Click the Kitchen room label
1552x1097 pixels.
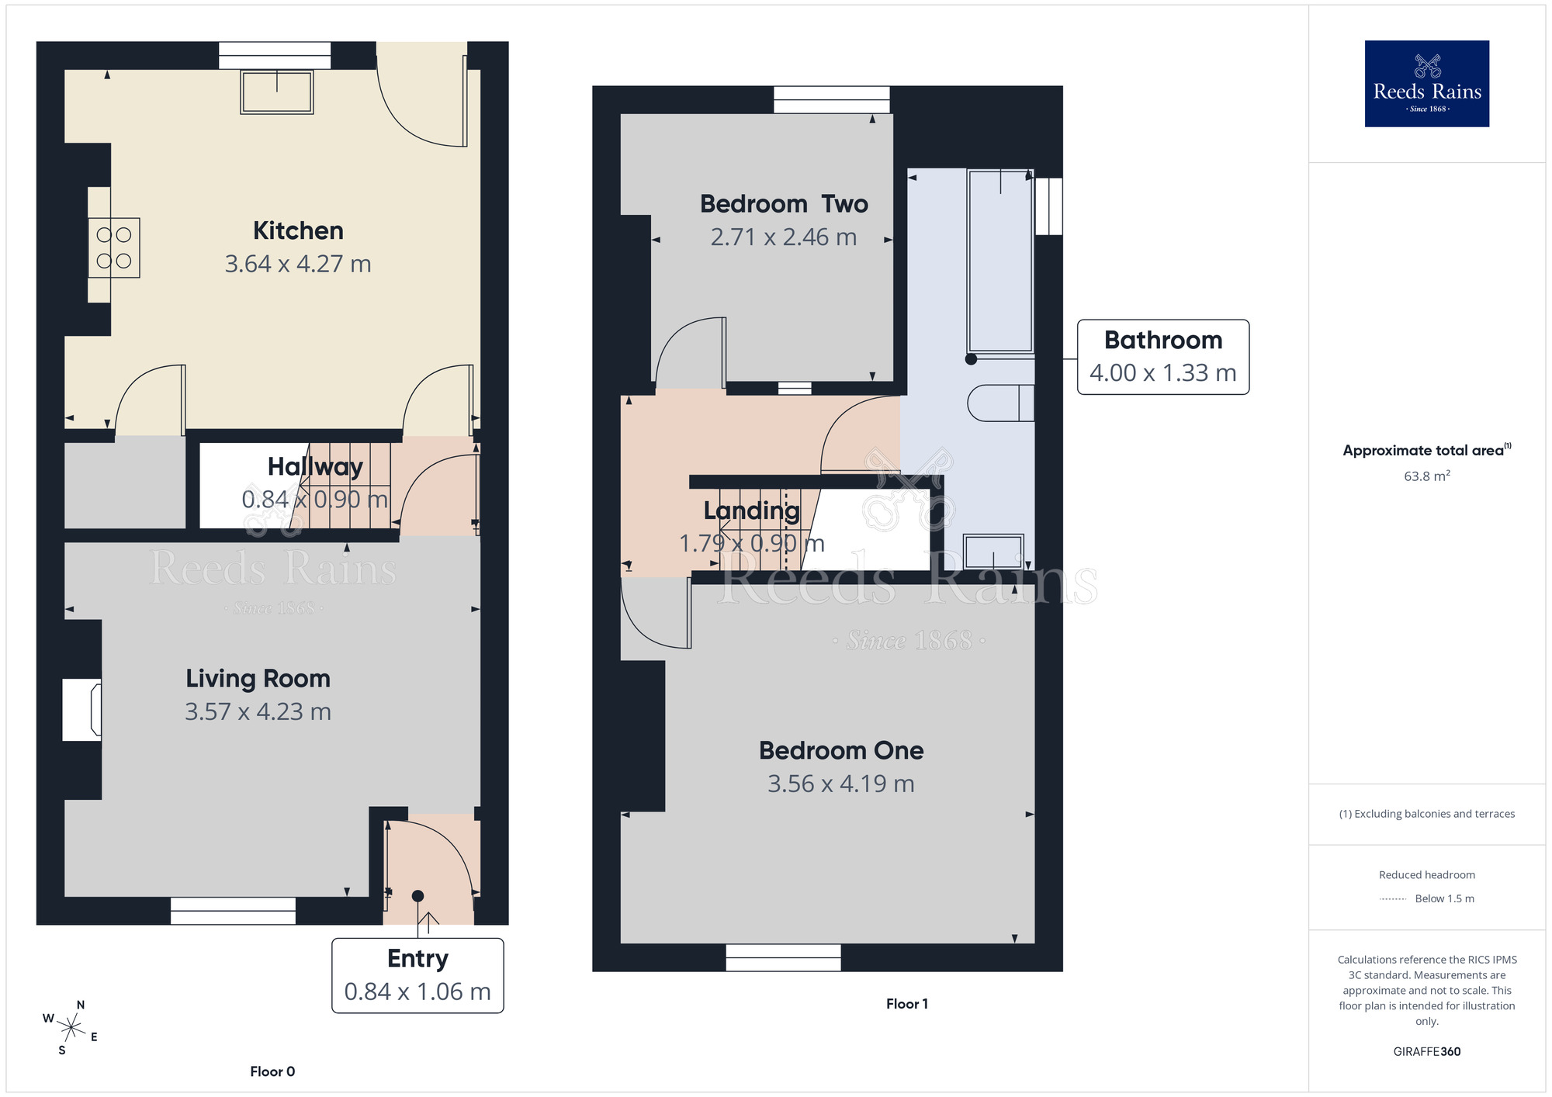click(x=298, y=230)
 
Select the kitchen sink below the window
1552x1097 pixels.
click(x=276, y=92)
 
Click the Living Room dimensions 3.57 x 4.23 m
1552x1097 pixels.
click(x=258, y=711)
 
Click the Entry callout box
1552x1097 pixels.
click(x=417, y=975)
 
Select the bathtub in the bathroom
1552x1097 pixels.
click(x=1000, y=261)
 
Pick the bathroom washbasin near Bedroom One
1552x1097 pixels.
click(x=993, y=552)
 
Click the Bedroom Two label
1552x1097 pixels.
click(x=784, y=204)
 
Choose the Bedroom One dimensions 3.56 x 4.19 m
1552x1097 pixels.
click(x=840, y=784)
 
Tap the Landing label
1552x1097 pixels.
click(x=751, y=510)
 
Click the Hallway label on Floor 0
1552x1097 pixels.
click(x=315, y=466)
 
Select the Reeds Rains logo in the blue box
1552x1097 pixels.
click(x=1426, y=84)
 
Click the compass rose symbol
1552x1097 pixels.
click(x=71, y=1029)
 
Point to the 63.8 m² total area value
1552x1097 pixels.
click(x=1426, y=476)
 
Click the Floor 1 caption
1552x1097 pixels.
click(x=906, y=1004)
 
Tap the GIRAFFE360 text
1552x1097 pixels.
click(x=1426, y=1052)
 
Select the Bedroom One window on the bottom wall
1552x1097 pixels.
click(x=783, y=957)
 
